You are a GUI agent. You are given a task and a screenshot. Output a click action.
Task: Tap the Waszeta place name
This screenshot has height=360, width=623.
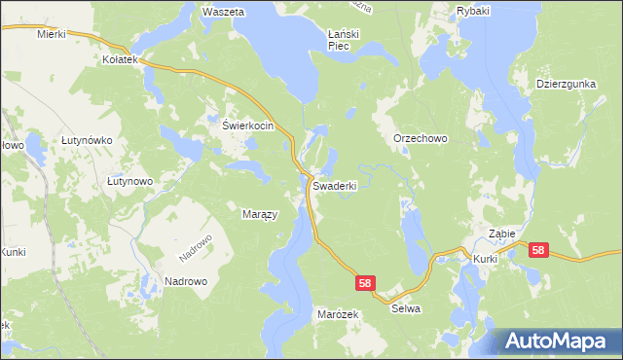[222, 12]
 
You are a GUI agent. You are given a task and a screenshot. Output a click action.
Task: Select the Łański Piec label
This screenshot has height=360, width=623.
[345, 39]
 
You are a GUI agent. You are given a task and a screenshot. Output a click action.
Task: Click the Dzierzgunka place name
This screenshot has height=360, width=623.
[565, 84]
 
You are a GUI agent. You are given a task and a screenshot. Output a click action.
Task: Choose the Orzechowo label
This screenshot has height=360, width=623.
[420, 139]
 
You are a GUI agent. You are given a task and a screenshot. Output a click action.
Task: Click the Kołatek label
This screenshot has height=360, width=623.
[121, 59]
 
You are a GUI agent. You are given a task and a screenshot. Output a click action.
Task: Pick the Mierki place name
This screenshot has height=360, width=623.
[51, 33]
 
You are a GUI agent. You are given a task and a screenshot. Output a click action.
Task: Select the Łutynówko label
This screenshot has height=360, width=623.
[87, 140]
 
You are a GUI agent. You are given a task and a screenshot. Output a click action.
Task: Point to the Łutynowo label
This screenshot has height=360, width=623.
[129, 181]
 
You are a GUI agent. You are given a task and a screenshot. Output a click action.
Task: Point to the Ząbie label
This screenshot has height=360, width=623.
[501, 234]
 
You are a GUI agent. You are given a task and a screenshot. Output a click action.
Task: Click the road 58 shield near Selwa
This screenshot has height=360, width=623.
[364, 282]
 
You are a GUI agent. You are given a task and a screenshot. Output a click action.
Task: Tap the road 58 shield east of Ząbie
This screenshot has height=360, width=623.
[538, 250]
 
